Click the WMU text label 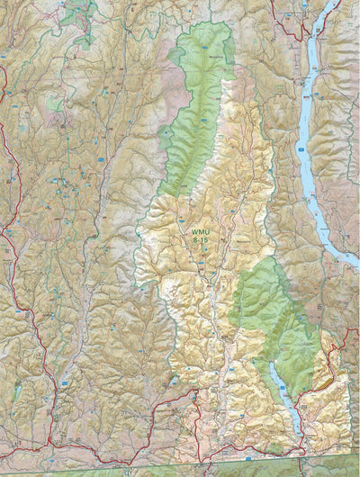click(x=198, y=233)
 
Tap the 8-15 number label click(x=198, y=241)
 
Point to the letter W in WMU click(x=192, y=233)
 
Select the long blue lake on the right click(x=310, y=135)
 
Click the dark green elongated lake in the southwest click(x=15, y=391)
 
